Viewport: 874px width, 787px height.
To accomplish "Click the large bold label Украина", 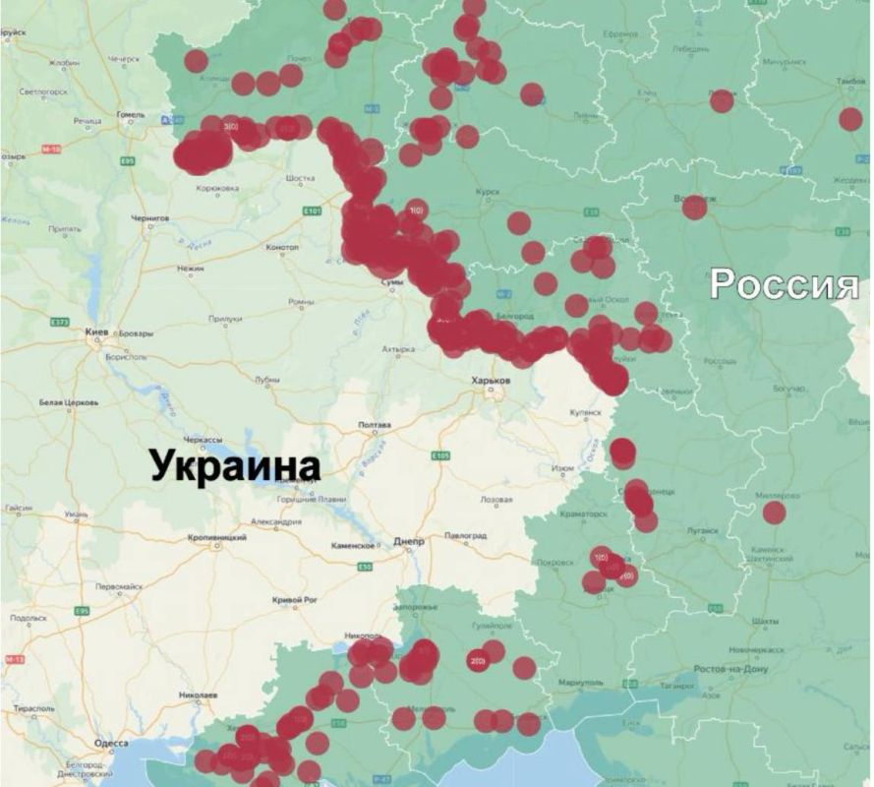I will point(235,464).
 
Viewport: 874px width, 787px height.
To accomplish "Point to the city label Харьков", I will point(492,380).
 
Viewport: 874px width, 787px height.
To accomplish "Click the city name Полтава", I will point(377,425).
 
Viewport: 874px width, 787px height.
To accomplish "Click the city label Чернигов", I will point(148,217).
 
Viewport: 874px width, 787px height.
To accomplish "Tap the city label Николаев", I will point(198,694).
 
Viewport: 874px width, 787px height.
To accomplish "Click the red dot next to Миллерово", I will point(775,513).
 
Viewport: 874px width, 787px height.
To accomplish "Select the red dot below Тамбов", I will point(850,119).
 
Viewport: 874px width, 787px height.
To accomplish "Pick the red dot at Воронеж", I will point(695,207).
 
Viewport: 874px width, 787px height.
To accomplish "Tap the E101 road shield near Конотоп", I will point(313,211).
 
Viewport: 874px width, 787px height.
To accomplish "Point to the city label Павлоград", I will point(466,535).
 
